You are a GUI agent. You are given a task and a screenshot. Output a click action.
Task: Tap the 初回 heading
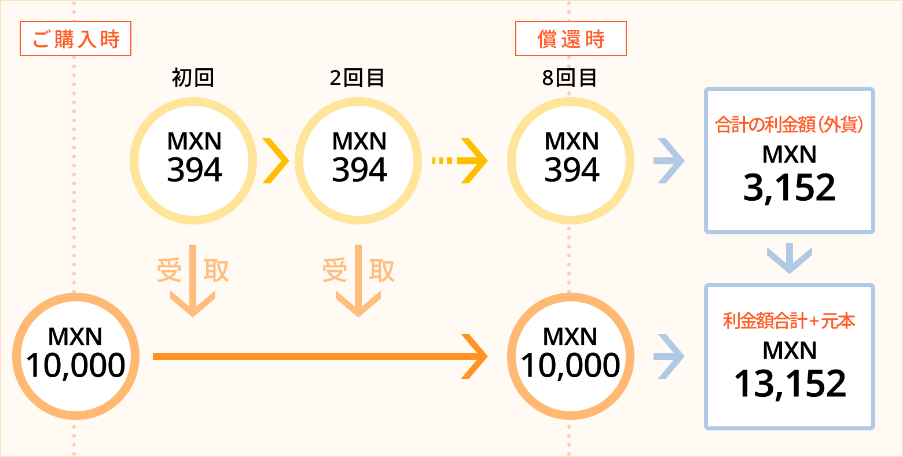click(193, 78)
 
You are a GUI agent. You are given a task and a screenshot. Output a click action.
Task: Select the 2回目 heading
click(357, 78)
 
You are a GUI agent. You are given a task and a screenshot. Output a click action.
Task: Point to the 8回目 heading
click(569, 78)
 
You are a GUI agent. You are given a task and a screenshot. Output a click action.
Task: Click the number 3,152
click(790, 188)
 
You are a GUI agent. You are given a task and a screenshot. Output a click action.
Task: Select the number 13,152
click(790, 384)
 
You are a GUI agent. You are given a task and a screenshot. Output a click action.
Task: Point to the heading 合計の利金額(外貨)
click(789, 124)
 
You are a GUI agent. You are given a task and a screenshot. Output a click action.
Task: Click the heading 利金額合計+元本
click(789, 321)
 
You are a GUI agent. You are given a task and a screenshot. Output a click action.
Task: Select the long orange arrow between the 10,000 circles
click(321, 356)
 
